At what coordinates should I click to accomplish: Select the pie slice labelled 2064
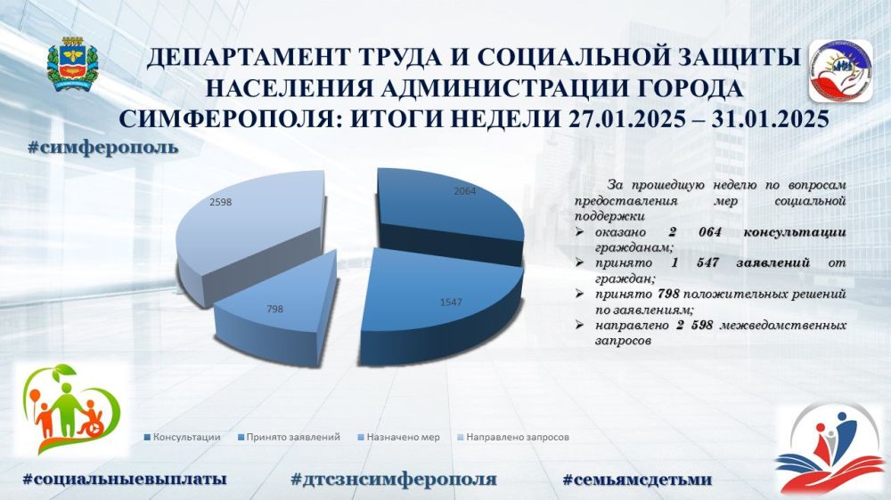click(x=449, y=210)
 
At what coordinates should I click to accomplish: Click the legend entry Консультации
click(x=183, y=437)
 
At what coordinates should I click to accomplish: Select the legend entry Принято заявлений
click(x=289, y=437)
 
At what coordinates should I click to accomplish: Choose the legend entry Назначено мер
click(x=399, y=437)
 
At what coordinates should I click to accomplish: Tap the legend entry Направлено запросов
click(x=513, y=437)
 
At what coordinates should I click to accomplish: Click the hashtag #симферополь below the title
click(x=102, y=148)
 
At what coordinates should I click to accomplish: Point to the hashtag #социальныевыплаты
click(x=125, y=479)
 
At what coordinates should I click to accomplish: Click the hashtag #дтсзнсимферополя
click(x=393, y=479)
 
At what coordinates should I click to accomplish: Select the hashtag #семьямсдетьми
click(x=637, y=479)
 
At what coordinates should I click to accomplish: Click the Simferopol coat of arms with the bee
click(x=72, y=63)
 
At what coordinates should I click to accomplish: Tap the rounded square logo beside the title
click(x=840, y=70)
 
